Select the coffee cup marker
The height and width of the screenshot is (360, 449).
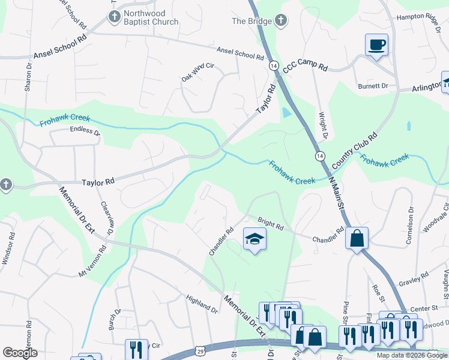[x=376, y=45]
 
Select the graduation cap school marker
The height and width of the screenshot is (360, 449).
[x=255, y=239]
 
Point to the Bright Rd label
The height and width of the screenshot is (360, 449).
[x=270, y=223]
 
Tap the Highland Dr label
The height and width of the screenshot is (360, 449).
[x=202, y=304]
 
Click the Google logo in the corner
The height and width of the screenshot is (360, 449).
[x=20, y=353]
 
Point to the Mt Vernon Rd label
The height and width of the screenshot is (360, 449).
[x=95, y=265]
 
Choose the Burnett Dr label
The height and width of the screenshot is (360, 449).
[x=373, y=86]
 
